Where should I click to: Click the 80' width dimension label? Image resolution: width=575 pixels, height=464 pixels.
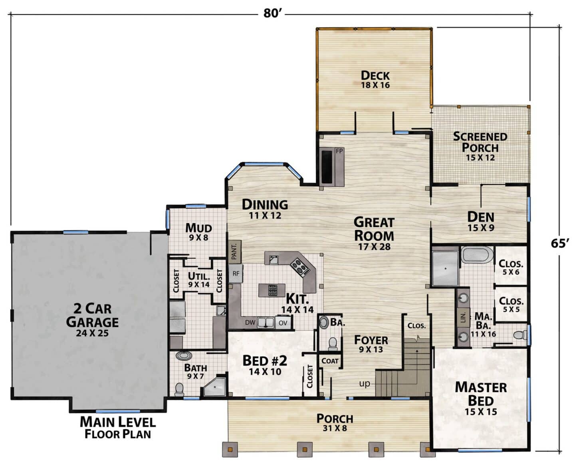pos(271,13)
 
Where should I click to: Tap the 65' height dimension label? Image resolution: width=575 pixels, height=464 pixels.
pos(559,243)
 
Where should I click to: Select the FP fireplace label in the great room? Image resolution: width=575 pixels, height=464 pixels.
pos(339,151)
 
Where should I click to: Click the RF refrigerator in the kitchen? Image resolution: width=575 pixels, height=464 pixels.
pos(236,274)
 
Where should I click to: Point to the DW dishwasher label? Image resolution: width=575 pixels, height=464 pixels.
pos(250,323)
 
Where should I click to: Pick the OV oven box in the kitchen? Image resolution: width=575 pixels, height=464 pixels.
pos(283,323)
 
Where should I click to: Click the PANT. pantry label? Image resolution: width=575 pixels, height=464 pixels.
pos(234,251)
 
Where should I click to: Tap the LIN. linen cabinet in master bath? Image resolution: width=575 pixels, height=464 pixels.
pos(464,317)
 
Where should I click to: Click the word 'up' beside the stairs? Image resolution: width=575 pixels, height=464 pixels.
pos(365,384)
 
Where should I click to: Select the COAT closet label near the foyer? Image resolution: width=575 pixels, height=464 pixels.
pos(330,361)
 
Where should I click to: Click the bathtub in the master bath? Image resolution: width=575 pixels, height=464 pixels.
pos(478,255)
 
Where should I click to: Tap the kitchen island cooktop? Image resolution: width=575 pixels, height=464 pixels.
pos(273,290)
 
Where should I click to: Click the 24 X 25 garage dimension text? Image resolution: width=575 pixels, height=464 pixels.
pos(92,333)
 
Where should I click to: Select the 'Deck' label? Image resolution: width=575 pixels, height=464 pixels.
pos(375,75)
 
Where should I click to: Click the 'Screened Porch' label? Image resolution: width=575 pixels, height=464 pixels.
pos(480,142)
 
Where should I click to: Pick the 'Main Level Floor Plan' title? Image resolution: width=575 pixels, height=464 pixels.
pos(118,428)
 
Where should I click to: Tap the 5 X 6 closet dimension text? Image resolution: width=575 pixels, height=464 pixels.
pos(511,272)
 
